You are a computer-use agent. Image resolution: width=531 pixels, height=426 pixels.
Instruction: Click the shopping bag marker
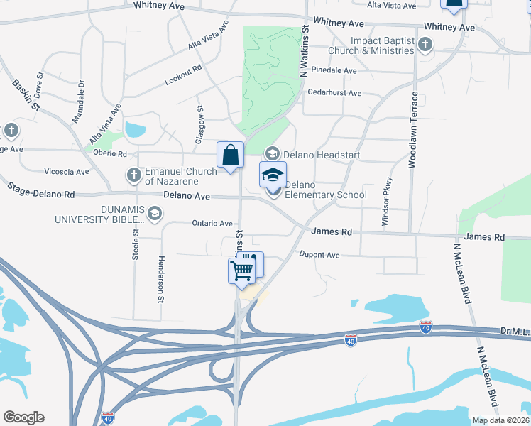[x=231, y=155]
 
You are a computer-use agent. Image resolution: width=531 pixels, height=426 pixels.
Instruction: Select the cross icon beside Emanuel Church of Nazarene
[x=133, y=175]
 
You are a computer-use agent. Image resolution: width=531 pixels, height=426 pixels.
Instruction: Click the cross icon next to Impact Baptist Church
[x=425, y=45]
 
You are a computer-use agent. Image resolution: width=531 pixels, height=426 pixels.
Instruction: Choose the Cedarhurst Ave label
[x=334, y=93]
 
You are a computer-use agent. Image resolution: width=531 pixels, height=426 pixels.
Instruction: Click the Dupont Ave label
[x=319, y=254]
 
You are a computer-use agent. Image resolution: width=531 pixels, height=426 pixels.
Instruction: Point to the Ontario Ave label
[x=212, y=223]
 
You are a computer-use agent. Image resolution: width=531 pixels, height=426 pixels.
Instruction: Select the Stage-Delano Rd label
[x=40, y=190]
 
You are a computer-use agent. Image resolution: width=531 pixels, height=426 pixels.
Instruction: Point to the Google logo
[x=23, y=417]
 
